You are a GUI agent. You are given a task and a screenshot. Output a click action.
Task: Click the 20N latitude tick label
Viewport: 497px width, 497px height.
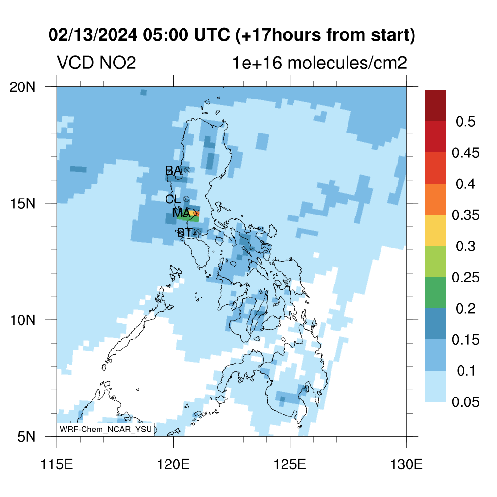coord(22,87)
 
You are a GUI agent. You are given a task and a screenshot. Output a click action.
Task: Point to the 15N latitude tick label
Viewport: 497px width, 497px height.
coord(22,203)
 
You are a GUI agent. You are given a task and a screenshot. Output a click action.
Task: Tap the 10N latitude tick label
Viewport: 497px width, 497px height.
coord(22,320)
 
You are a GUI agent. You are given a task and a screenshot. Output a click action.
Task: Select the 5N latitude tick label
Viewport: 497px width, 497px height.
coord(26,437)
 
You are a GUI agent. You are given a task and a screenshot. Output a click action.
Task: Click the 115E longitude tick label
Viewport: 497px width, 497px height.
coord(57,464)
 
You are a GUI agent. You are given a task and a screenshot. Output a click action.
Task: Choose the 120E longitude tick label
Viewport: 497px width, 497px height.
coord(173,464)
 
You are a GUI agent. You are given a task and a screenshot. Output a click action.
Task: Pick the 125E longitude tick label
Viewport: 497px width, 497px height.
coord(290,464)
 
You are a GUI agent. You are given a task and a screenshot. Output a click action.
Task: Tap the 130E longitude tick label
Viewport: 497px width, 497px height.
coord(406,464)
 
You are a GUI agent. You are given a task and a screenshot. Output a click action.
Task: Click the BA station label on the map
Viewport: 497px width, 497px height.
coord(173,170)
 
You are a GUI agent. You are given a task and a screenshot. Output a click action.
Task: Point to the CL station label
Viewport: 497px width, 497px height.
coord(173,199)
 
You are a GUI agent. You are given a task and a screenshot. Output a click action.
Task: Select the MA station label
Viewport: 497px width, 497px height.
coord(182,213)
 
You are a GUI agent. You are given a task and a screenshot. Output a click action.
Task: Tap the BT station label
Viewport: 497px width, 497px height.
coord(184,232)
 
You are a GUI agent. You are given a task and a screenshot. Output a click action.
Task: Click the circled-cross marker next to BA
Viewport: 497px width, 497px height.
coord(187,170)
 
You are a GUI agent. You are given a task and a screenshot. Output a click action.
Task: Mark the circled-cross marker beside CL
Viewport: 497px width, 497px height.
coord(186,199)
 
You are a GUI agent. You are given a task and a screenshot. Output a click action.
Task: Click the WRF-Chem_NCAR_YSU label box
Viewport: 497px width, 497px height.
coord(106,430)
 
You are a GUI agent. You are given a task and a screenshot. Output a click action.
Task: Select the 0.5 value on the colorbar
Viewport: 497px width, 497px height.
coord(465,122)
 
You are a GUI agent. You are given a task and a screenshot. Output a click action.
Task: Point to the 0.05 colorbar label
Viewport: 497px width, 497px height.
coord(465,402)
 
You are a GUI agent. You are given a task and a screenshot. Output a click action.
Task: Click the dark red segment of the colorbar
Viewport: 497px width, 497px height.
coord(435,106)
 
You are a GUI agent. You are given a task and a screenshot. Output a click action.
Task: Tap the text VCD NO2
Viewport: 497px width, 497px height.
coord(97,63)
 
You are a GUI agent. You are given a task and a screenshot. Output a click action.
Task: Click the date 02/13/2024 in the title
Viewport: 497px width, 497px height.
coord(93,34)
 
